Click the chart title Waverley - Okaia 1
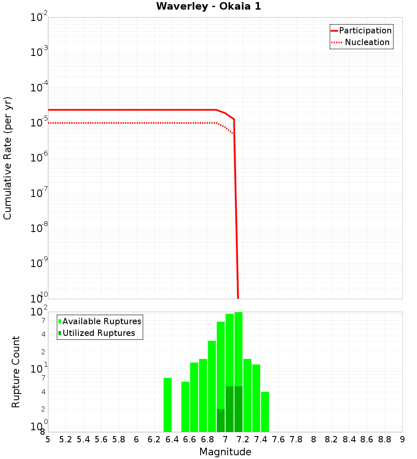[x=208, y=7]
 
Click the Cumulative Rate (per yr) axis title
[x=8, y=158]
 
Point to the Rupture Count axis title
[x=16, y=372]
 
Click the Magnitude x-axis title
[x=225, y=452]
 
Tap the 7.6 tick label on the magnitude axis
[x=279, y=439]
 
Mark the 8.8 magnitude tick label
[x=384, y=439]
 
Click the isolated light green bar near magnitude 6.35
[x=167, y=405]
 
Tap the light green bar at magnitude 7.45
[x=265, y=412]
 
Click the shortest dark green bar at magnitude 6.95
[x=221, y=420]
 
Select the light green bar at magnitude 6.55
[x=185, y=407]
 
